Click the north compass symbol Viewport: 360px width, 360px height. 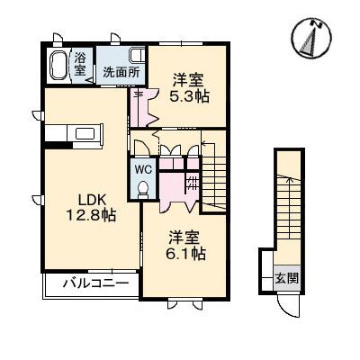coord(312,38)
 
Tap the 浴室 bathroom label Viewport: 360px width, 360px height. coord(80,63)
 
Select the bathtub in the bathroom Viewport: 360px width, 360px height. coord(58,66)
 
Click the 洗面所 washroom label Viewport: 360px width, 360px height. coord(121,72)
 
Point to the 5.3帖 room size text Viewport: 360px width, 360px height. coord(189,96)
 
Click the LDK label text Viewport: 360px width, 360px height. coord(92,200)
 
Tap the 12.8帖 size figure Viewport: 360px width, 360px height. coord(91,215)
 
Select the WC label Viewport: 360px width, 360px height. coord(143,169)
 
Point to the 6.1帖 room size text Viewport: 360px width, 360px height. coord(186,254)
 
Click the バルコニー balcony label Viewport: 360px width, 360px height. coord(96,283)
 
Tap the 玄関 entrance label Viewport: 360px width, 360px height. coord(287,279)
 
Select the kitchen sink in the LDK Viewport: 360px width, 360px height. coord(85,134)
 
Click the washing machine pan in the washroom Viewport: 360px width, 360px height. coord(137,56)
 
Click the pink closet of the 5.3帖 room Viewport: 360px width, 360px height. coord(143,107)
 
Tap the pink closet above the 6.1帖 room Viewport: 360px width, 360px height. coord(177,186)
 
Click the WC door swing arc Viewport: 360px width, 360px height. coord(139,147)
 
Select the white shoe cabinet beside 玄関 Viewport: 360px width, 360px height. coord(267,271)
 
